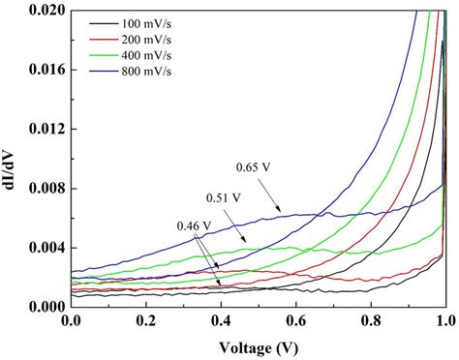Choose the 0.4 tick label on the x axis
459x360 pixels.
point(220,320)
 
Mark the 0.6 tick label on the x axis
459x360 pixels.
point(295,320)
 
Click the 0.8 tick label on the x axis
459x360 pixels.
point(370,320)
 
